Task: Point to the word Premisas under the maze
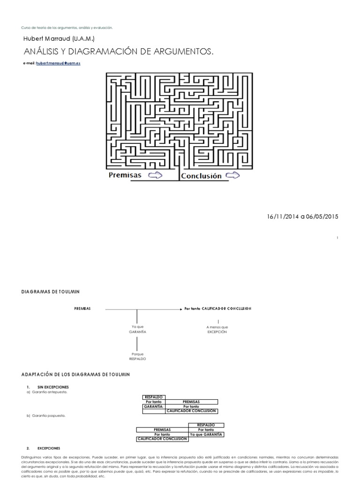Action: [x=125, y=176]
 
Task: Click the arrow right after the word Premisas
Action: [x=155, y=176]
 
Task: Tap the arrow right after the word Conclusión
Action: [x=233, y=176]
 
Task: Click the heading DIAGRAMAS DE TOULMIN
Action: [x=51, y=292]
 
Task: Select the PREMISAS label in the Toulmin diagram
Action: [x=82, y=309]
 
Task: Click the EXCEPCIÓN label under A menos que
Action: [x=217, y=331]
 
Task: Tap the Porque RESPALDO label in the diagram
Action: [x=137, y=356]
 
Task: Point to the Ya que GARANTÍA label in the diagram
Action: [x=137, y=329]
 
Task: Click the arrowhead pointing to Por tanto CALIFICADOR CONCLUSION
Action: [x=180, y=309]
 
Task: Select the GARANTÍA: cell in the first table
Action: [x=154, y=406]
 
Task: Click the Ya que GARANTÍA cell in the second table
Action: [x=206, y=435]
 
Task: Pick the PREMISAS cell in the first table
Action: [x=191, y=402]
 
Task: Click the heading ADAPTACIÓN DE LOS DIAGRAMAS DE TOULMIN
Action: [x=75, y=375]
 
